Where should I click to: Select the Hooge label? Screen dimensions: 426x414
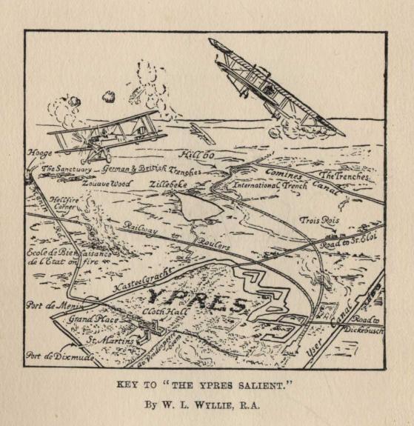pos(39,154)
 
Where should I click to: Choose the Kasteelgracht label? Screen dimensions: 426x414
pos(138,282)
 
